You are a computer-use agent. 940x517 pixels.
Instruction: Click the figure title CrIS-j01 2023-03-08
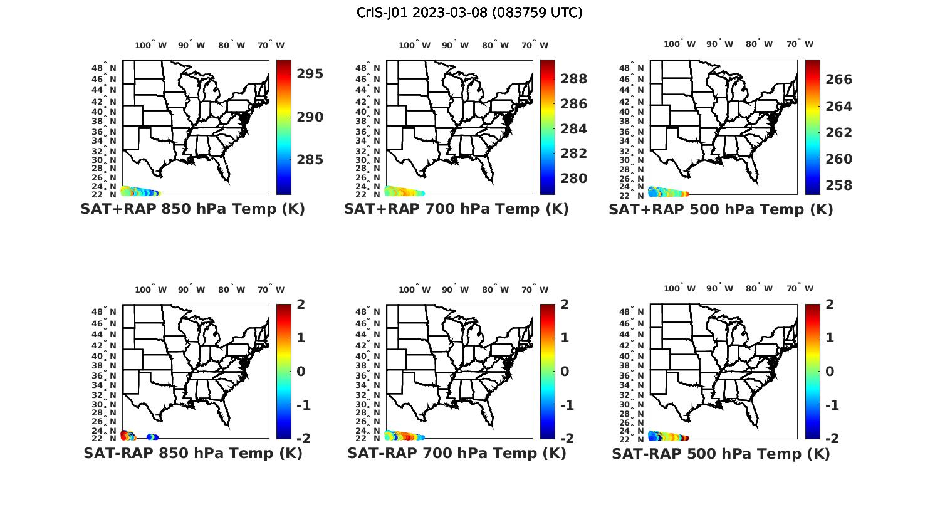(469, 13)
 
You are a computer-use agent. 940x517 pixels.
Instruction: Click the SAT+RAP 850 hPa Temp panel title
(192, 209)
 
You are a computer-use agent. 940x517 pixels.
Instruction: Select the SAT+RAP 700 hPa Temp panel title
(456, 209)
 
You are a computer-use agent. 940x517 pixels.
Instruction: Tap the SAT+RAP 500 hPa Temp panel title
(721, 209)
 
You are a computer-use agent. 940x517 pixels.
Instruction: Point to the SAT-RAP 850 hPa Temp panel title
(193, 453)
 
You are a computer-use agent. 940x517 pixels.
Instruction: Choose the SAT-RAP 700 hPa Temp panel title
(457, 453)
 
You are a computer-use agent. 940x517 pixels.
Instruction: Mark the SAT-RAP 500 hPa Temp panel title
(721, 453)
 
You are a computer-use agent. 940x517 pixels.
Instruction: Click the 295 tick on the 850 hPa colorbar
(310, 74)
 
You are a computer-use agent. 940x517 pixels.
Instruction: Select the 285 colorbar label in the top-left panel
(310, 160)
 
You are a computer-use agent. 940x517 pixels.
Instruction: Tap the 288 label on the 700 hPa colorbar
(574, 79)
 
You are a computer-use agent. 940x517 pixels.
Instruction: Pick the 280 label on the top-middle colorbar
(574, 179)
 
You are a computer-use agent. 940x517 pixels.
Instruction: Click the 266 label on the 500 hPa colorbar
(838, 80)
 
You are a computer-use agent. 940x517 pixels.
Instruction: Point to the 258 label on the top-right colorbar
(838, 185)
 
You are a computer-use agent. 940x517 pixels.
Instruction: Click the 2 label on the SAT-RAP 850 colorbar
(301, 305)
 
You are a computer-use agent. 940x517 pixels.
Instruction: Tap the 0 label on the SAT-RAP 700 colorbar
(565, 372)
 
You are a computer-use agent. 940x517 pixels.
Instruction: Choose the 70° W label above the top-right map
(800, 44)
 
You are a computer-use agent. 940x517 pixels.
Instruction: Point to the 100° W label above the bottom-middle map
(414, 290)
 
